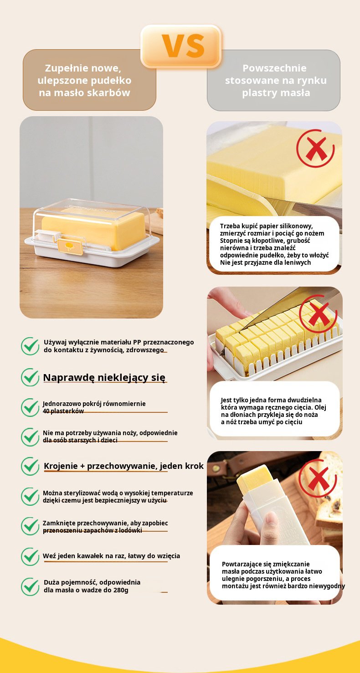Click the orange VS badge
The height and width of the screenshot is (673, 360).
[x=181, y=46]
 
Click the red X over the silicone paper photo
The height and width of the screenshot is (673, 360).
[x=315, y=148]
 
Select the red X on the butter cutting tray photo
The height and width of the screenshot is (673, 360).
[x=319, y=313]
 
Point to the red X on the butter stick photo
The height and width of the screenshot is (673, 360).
[x=318, y=478]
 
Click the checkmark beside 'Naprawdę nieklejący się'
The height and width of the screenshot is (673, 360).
[x=30, y=377]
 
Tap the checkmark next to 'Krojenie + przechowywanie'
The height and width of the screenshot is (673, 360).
[x=30, y=466]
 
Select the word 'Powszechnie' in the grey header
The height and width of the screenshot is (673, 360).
[x=274, y=68]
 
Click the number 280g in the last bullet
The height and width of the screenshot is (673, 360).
[x=121, y=590]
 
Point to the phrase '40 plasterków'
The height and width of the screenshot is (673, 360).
[x=63, y=411]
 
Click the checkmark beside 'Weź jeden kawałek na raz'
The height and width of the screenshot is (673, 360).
[x=30, y=557]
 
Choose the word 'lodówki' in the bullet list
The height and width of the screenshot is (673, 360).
[x=130, y=530]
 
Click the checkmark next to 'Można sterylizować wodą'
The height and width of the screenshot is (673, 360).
[x=30, y=497]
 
